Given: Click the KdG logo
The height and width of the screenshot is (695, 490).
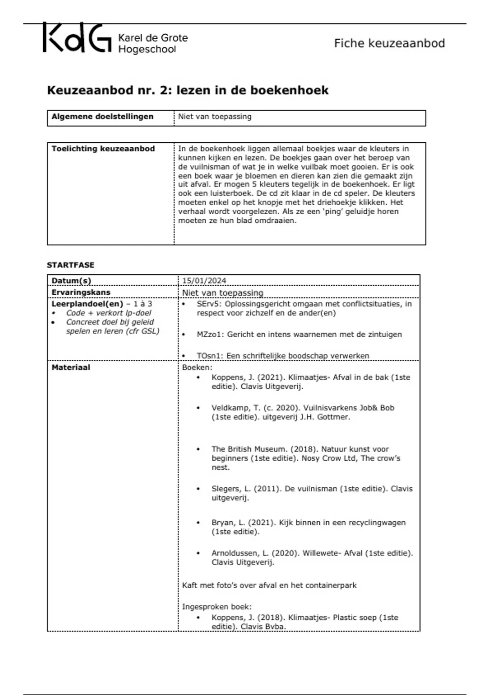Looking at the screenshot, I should point(77,38).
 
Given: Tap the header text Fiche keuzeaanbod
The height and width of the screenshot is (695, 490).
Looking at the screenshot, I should point(389,43).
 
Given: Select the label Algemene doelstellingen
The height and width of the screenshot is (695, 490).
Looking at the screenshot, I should point(102,117).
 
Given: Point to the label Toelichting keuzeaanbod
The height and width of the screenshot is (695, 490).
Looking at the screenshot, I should point(103,149).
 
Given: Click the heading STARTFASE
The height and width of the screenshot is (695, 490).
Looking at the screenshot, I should point(71,265).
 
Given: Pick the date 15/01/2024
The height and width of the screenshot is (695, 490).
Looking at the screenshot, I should point(204,280).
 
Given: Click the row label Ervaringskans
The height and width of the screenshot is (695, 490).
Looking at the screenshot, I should point(81,292).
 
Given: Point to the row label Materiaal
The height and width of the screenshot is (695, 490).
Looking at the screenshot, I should point(71,367).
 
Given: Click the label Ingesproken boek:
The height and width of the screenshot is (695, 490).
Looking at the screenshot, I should point(216,607).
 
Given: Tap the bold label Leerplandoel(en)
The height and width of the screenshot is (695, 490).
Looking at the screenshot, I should point(87,304).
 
